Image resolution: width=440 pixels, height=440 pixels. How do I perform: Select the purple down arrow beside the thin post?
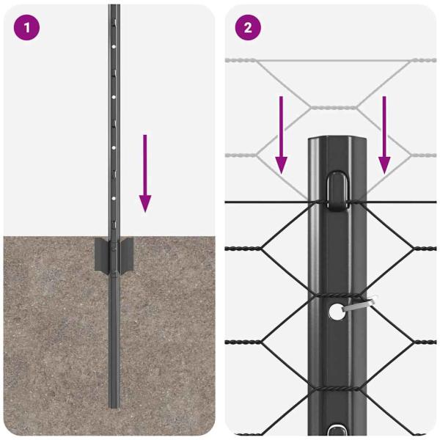145,173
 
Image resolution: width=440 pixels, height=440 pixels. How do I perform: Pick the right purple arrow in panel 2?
384,136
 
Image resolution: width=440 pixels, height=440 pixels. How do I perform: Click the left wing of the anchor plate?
101,254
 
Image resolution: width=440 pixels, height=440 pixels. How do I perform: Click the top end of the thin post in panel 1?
114,7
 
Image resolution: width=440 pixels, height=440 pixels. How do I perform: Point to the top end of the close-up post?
337,140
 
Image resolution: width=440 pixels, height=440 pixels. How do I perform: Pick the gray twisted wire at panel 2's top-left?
242,60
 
